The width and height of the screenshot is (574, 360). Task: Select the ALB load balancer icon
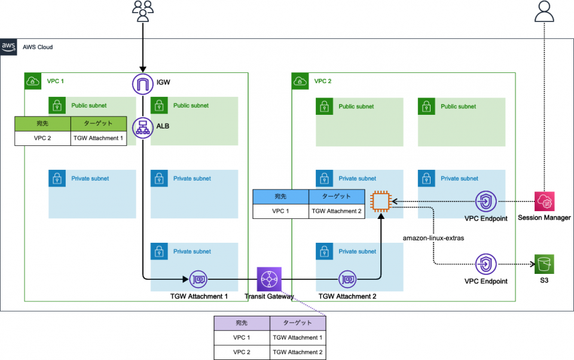(x=143, y=128)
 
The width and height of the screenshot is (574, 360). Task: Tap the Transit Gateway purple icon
(x=268, y=279)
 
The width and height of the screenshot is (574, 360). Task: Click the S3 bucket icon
(x=545, y=264)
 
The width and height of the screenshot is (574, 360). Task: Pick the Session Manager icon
(x=545, y=202)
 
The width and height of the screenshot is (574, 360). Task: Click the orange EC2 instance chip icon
(x=381, y=202)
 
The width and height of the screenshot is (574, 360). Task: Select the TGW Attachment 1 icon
(x=198, y=279)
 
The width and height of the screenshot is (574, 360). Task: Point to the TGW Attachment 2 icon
(x=347, y=279)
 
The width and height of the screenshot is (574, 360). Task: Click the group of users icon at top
(x=143, y=11)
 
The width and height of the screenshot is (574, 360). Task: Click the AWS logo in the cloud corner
(x=8, y=47)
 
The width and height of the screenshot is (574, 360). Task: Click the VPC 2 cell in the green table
(x=42, y=138)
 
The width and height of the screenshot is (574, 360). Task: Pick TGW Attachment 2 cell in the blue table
(x=337, y=211)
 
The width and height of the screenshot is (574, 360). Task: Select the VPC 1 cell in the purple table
(x=242, y=338)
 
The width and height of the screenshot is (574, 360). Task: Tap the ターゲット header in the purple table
(x=297, y=323)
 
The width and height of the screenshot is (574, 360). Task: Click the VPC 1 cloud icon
(x=32, y=81)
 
